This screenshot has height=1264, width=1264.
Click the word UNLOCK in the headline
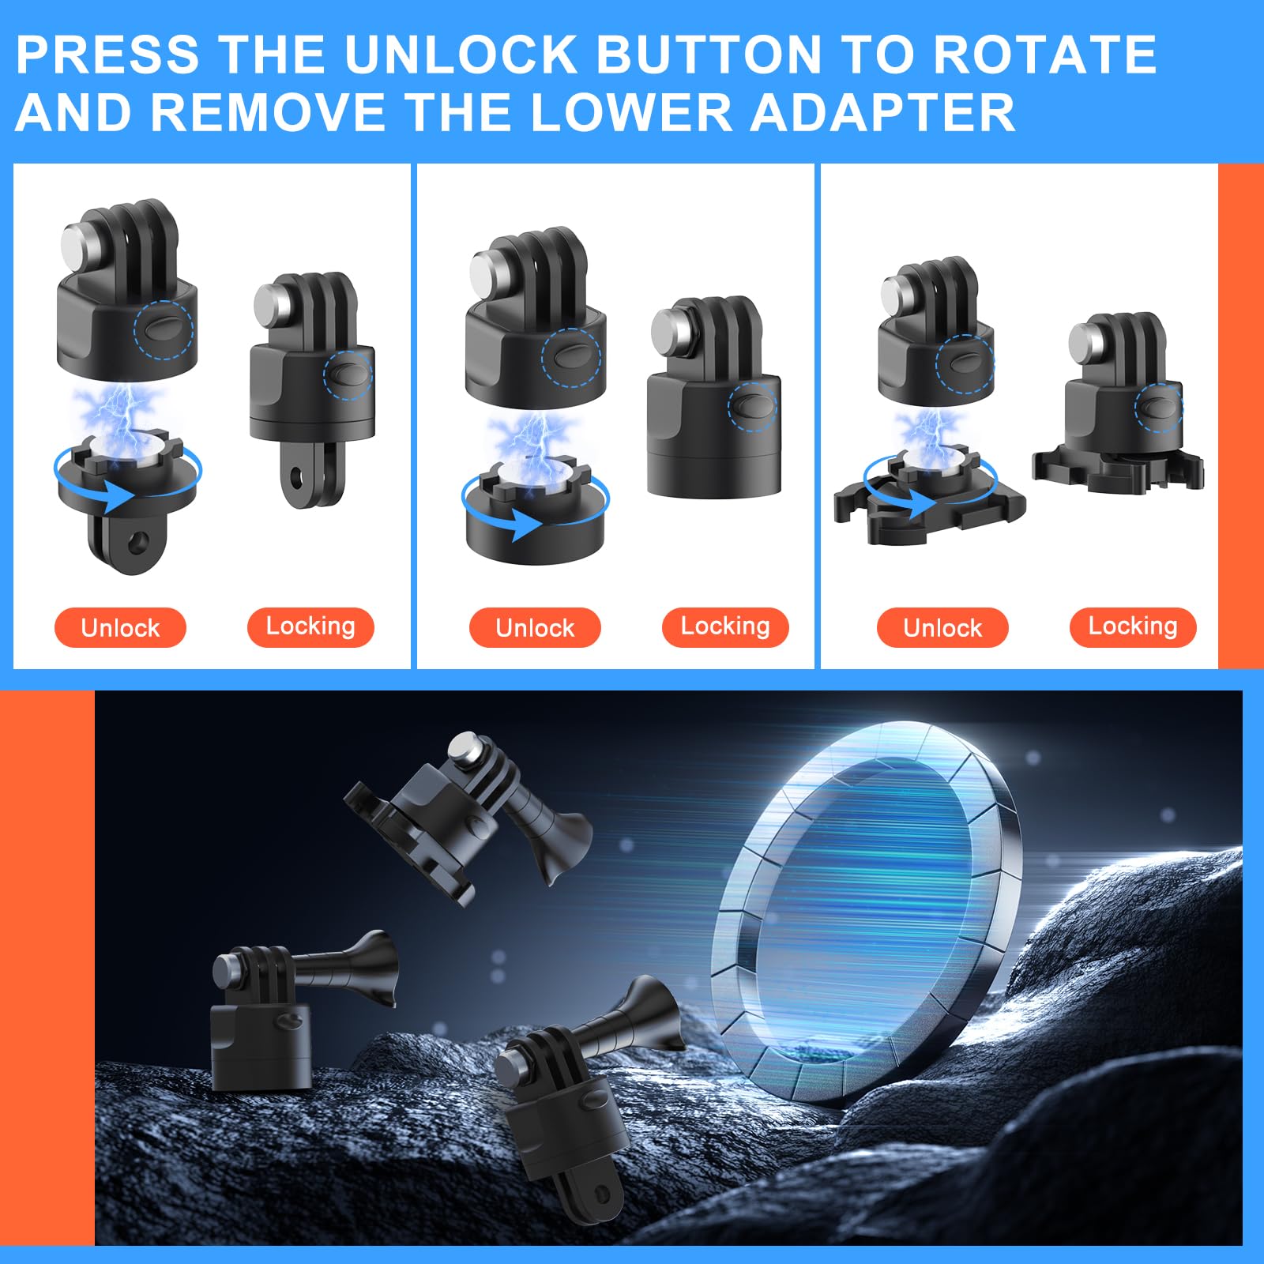pos(461,55)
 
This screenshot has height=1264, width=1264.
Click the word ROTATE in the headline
pos(1044,55)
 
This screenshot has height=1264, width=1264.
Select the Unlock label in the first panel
pos(120,628)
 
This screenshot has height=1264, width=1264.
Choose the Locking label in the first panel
pos(310,626)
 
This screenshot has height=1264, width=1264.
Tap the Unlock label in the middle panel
pos(535,628)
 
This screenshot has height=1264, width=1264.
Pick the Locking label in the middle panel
pos(725,626)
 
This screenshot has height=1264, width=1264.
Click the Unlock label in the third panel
pos(942,628)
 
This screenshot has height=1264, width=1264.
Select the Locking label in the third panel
pos(1133,626)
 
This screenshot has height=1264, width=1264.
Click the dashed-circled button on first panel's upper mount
pos(164,329)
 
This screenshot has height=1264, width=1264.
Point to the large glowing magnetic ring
pos(861,908)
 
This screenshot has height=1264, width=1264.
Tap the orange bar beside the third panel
pos(1240,416)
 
